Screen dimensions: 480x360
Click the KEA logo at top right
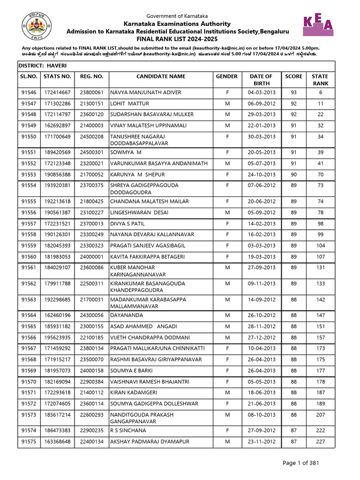[319, 24]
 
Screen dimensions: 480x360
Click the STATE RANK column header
[320, 80]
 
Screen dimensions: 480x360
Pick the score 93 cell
[294, 92]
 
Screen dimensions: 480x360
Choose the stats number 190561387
[57, 212]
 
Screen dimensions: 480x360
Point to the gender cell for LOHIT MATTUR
[227, 103]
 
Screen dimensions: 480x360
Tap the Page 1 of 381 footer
[301, 463]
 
